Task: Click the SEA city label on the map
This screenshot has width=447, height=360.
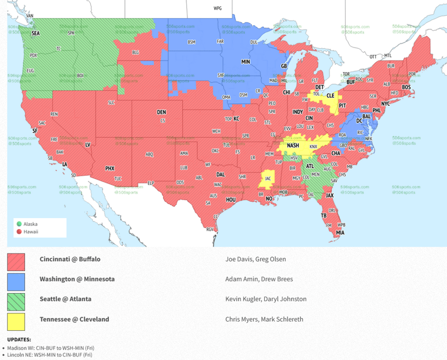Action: point(36,33)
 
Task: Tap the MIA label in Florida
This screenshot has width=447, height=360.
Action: point(340,233)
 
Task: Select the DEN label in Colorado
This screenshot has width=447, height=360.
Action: point(161,112)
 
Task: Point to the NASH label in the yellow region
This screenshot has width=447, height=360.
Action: point(293,145)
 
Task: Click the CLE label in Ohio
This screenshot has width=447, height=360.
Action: point(330,95)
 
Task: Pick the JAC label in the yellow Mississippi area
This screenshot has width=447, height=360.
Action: point(268,179)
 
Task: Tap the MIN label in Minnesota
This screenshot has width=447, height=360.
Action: point(246,61)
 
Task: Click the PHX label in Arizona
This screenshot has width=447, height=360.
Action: point(109,168)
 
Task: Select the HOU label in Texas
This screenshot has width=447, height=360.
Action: point(231,199)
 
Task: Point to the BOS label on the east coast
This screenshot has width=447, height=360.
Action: point(406,87)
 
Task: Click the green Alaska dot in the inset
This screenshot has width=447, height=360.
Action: point(19,224)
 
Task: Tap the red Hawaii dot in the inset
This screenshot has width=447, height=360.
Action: point(19,231)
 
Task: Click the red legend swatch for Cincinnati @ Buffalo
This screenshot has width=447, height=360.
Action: point(16,261)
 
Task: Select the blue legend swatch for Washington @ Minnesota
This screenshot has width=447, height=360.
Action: point(16,281)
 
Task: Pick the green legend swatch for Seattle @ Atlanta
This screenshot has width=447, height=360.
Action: point(16,301)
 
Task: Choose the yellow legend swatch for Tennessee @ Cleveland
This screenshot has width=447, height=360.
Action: point(16,322)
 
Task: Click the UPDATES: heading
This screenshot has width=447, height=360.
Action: point(19,340)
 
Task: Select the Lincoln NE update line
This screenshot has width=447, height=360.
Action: point(49,354)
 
